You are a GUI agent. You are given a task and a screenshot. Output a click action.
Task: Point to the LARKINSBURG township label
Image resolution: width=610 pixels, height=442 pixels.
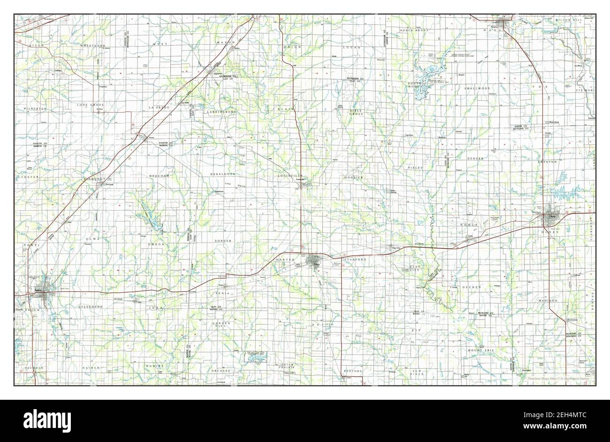pyautogui.click(x=221, y=112)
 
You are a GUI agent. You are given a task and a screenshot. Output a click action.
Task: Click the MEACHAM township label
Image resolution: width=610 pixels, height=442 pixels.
pyautogui.click(x=159, y=175)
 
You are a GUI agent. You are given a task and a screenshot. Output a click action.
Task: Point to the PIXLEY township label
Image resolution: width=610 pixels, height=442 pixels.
pyautogui.click(x=415, y=168)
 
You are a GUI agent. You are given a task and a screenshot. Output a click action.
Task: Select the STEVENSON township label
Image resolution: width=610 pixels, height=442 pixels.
pyautogui.click(x=90, y=306)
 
